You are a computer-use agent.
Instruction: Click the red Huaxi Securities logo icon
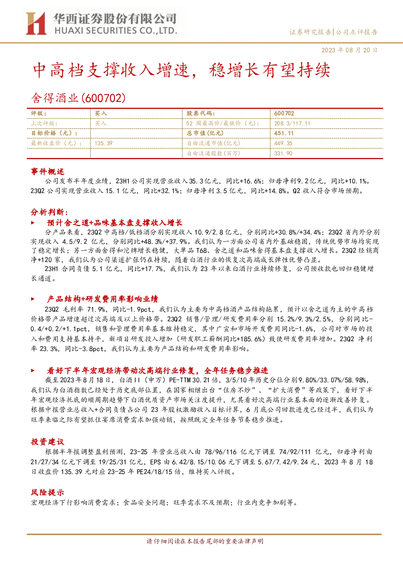[x=36, y=24]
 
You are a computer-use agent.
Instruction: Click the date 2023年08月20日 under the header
[x=349, y=50]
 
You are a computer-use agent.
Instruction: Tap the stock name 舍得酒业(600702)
[x=78, y=98]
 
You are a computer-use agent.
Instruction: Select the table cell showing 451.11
[x=284, y=133]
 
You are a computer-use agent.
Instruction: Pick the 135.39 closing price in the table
[x=103, y=143]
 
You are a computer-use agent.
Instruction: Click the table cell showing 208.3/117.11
[x=292, y=123]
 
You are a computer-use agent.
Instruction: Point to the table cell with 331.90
[x=283, y=153]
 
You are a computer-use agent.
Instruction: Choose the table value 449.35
[x=283, y=143]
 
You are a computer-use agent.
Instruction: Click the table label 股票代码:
[x=201, y=114]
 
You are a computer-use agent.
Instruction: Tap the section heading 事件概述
[x=47, y=171]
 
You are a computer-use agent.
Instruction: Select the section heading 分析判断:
[x=50, y=212]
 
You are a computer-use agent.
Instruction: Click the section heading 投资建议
[x=47, y=441]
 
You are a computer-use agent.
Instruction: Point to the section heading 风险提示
[x=47, y=492]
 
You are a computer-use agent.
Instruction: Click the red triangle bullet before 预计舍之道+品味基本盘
[x=33, y=223]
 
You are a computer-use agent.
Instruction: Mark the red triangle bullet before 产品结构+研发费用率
[x=33, y=299]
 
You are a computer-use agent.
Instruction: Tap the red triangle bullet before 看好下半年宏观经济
[x=33, y=371]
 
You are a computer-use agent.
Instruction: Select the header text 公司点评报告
[x=356, y=32]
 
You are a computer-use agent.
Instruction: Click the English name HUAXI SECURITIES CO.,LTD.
[x=116, y=31]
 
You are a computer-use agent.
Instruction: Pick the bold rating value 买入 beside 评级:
[x=101, y=114]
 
